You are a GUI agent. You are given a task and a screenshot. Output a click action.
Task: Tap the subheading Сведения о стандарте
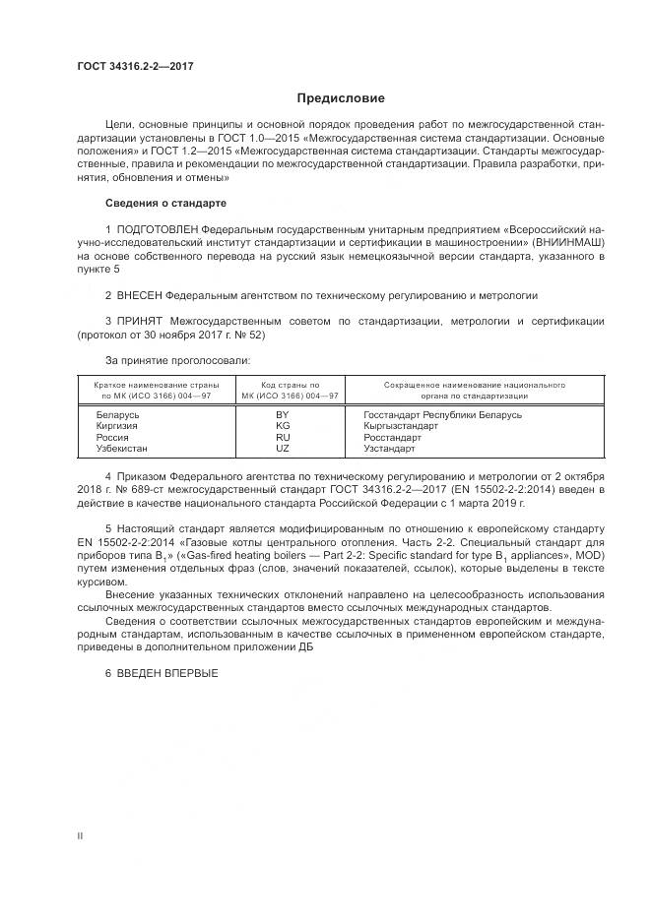point(165,203)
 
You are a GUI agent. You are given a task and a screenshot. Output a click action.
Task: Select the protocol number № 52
point(250,335)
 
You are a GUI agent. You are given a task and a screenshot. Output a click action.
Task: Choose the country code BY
point(283,415)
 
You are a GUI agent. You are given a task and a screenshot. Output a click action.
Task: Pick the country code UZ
point(283,448)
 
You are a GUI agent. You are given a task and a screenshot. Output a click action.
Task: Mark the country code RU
point(283,437)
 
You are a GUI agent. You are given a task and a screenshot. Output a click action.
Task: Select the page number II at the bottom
point(81,835)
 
